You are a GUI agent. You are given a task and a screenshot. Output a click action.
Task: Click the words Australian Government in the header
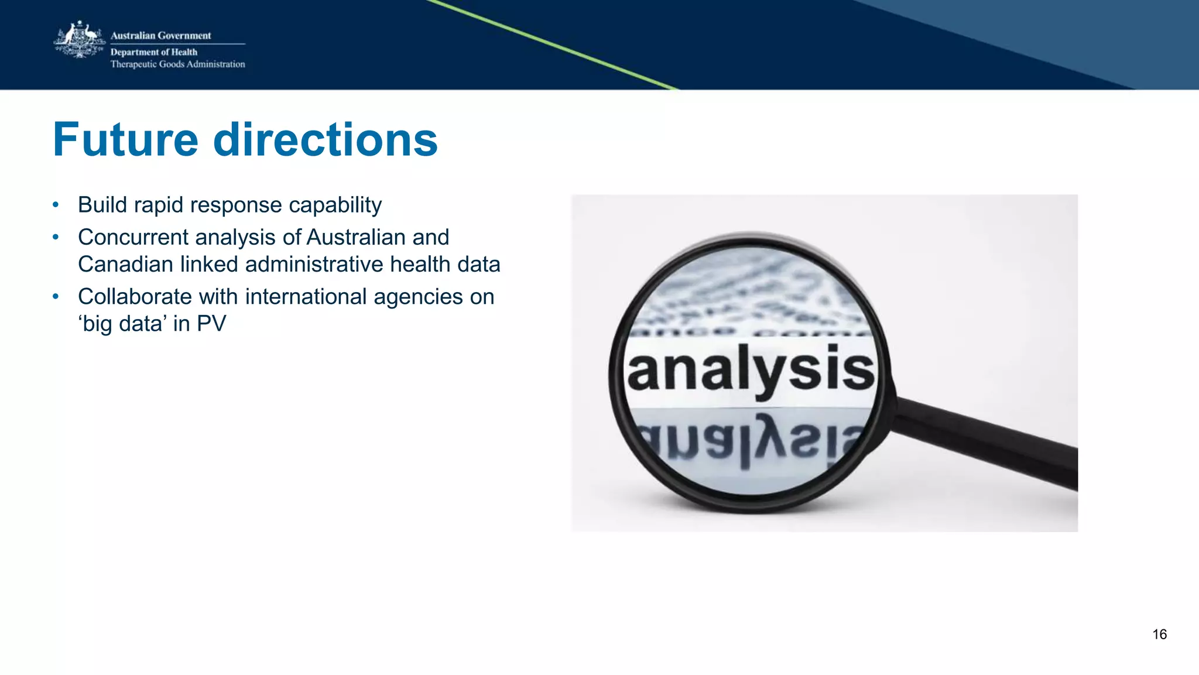tap(160, 36)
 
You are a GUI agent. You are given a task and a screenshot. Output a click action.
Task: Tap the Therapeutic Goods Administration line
tap(177, 64)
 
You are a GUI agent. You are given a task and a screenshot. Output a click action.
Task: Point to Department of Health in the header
tap(153, 52)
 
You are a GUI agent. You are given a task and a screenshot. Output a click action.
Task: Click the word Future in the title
tap(125, 140)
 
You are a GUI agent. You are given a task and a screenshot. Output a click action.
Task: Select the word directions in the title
tap(326, 140)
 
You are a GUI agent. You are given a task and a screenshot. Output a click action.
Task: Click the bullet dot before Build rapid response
tap(56, 205)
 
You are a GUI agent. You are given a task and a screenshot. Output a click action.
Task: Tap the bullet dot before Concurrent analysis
tap(56, 237)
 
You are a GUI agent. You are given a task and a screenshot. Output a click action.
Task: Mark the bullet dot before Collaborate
tap(56, 297)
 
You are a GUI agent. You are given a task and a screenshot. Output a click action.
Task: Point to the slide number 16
tap(1159, 635)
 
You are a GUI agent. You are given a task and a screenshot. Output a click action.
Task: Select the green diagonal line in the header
tap(550, 44)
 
